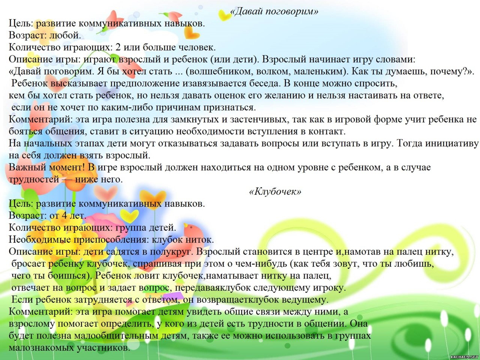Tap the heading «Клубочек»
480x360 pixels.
tap(275, 192)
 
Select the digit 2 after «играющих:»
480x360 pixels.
tap(118, 47)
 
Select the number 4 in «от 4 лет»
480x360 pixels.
tap(64, 216)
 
